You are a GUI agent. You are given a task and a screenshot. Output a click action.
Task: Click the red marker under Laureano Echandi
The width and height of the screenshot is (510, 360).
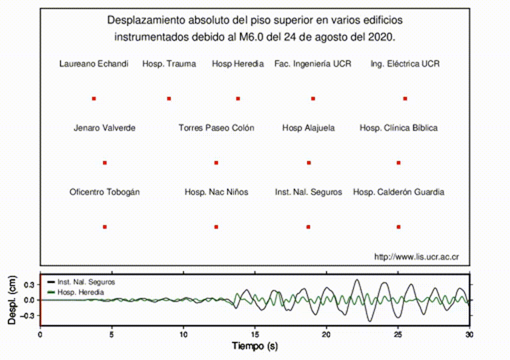click(94, 99)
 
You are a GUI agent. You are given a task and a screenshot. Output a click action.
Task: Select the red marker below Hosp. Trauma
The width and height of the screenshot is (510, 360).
click(169, 99)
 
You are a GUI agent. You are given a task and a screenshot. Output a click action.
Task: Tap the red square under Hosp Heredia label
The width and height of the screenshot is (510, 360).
click(238, 99)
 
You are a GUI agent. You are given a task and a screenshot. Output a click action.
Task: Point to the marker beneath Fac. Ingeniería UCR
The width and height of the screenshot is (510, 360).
click(313, 99)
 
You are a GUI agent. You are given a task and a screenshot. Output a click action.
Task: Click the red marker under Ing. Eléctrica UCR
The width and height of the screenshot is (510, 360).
click(405, 99)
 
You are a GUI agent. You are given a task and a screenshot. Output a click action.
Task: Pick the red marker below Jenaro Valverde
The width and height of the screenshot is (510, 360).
click(105, 163)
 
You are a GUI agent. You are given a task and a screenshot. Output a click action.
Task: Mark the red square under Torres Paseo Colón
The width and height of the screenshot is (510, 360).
click(216, 163)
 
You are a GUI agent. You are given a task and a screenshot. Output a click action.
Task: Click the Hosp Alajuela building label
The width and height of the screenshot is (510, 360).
click(308, 128)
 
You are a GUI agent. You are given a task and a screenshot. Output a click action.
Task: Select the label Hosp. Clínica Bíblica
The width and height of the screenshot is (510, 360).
click(398, 128)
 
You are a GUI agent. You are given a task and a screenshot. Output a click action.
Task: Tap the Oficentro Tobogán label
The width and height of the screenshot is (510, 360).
click(105, 192)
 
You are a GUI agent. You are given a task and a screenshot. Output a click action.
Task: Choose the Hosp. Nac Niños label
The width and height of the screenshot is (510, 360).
click(216, 192)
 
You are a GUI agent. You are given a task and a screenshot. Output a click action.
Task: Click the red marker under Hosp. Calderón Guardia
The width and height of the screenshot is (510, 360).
click(398, 227)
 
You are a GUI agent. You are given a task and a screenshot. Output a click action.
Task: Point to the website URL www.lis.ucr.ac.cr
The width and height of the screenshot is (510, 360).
click(416, 257)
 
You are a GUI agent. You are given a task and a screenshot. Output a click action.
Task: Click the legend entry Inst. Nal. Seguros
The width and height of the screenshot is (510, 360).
click(86, 282)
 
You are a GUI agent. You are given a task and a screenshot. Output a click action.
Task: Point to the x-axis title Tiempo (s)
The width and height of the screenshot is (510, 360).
click(255, 346)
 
